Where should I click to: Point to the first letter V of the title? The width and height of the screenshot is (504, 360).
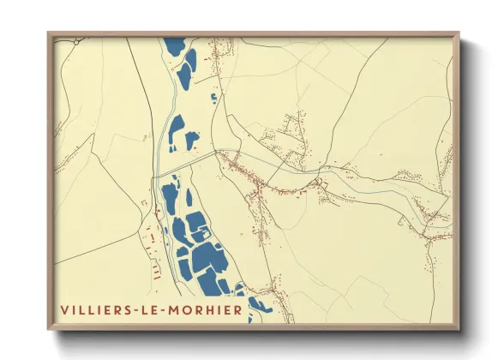[x=63, y=309]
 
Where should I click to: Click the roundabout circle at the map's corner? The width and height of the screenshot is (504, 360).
[x=76, y=40]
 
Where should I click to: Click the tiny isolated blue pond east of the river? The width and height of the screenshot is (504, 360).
[x=213, y=98]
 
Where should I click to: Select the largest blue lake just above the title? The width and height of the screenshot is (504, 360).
[x=207, y=258]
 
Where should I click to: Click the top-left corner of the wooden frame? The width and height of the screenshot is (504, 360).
[x=49, y=33]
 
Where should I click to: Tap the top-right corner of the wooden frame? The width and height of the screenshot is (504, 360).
[x=459, y=33]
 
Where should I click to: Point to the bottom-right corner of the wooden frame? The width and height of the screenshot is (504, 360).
[x=459, y=329]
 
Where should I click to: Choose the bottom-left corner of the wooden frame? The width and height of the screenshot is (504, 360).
[x=49, y=329]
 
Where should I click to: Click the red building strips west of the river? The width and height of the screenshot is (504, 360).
[x=155, y=257]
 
